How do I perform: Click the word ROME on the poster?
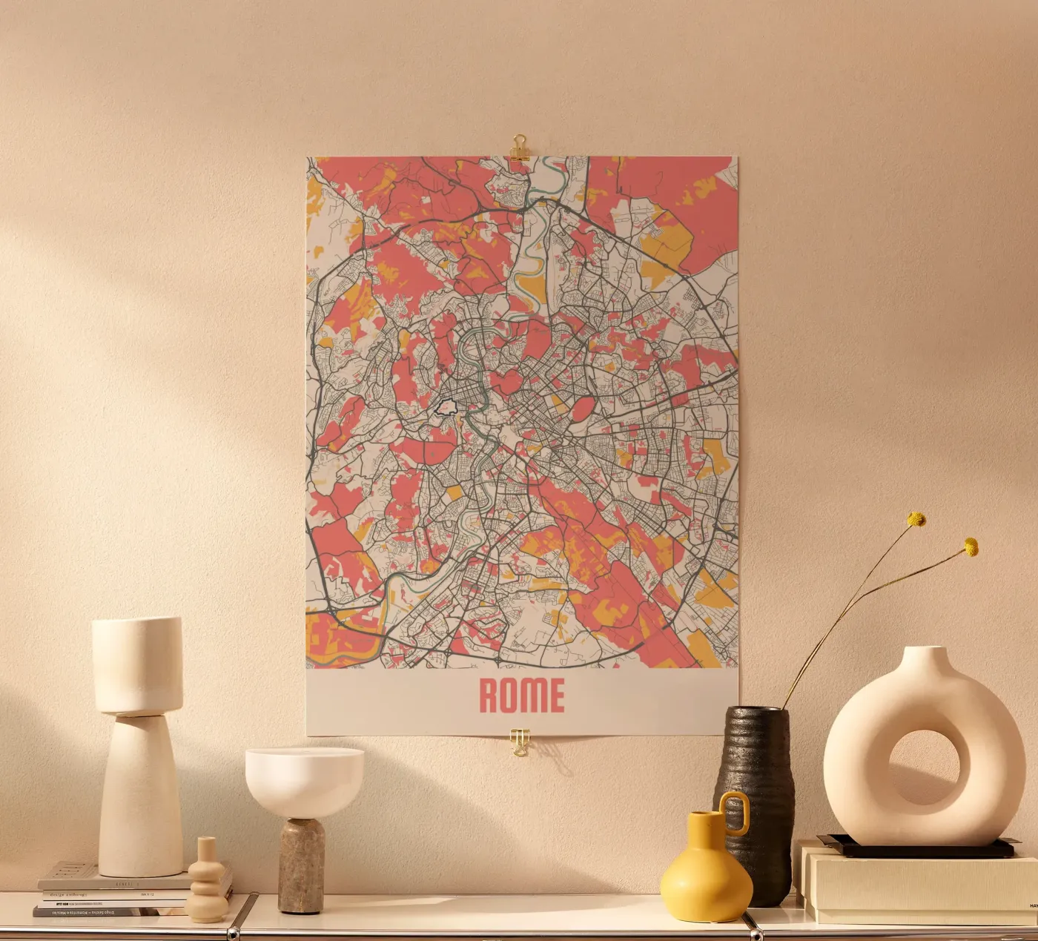pyautogui.click(x=521, y=695)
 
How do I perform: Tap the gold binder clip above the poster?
pyautogui.click(x=519, y=147)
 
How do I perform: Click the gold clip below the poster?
pyautogui.click(x=520, y=742)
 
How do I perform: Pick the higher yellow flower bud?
pyautogui.click(x=917, y=519)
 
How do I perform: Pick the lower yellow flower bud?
pyautogui.click(x=971, y=547)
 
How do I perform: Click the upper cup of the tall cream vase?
pyautogui.click(x=137, y=664)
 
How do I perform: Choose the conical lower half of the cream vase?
pyautogui.click(x=140, y=801)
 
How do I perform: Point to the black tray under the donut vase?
pyautogui.click(x=919, y=847)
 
